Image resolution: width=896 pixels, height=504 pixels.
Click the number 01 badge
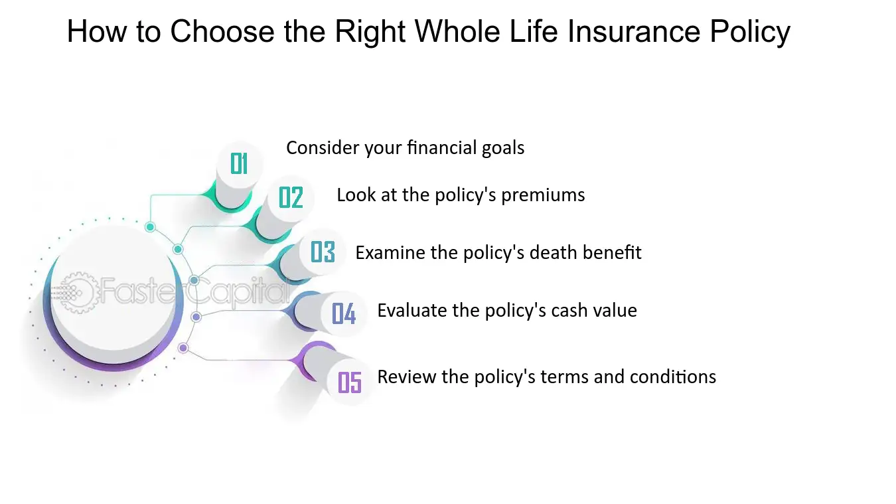tap(239, 164)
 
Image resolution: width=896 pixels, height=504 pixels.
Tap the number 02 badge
tap(291, 197)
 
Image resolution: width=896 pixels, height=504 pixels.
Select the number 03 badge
tap(323, 252)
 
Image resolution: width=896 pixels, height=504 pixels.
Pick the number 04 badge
tap(344, 313)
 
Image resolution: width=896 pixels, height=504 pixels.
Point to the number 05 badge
tap(350, 382)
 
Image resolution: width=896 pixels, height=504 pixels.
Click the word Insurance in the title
tap(634, 31)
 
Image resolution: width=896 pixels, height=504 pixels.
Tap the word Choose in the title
tap(222, 31)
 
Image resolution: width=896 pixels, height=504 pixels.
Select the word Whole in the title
tap(457, 31)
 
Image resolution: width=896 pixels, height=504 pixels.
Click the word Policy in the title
tap(750, 32)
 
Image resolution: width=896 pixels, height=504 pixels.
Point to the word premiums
tap(543, 196)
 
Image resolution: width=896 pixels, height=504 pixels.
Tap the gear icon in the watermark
tap(78, 292)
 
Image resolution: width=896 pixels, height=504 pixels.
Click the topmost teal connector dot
tap(150, 227)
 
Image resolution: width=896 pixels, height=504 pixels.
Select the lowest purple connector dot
tap(183, 348)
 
